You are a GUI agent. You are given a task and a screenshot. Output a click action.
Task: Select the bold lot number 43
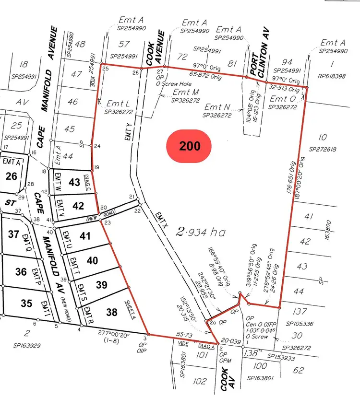coord(74,183)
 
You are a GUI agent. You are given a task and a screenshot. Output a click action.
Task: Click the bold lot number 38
coord(111,312)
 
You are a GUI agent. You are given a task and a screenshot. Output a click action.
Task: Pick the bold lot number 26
coord(12,176)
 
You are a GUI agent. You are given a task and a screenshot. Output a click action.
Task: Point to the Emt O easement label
coord(283,99)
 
